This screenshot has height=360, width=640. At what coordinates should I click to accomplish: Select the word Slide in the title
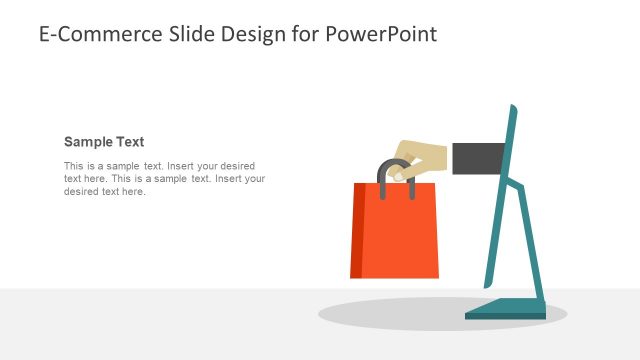[x=177, y=34]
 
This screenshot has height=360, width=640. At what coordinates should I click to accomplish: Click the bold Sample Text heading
[x=104, y=142]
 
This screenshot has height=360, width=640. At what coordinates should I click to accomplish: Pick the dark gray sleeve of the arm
[x=478, y=158]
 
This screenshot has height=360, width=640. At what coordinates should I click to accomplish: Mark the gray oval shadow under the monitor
[x=400, y=313]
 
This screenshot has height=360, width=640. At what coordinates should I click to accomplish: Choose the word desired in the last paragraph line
[x=82, y=192]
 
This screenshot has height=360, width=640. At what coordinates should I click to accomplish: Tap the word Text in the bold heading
[x=130, y=142]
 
